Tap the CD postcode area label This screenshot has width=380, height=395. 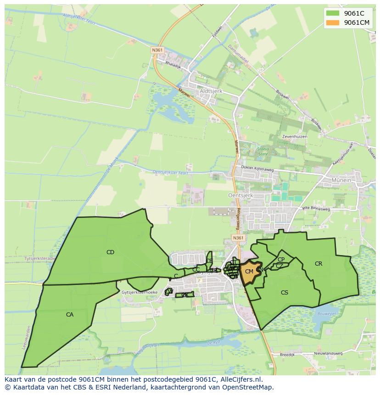(x=110, y=252)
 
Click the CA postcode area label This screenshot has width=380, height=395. (x=70, y=315)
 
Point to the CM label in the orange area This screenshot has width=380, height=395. (x=249, y=272)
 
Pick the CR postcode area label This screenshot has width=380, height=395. (x=319, y=264)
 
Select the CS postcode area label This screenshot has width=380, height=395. (x=285, y=292)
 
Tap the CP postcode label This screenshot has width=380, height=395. (x=281, y=260)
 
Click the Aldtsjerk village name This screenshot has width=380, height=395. (x=211, y=91)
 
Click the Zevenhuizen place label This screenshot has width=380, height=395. (x=295, y=137)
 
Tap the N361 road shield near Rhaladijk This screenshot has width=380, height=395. (x=157, y=50)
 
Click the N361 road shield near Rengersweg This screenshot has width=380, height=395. (x=238, y=238)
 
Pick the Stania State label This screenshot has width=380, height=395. (x=263, y=151)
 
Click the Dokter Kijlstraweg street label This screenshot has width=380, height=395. (x=257, y=169)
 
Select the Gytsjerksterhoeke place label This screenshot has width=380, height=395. (x=140, y=292)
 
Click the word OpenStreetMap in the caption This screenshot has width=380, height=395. (x=250, y=388)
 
